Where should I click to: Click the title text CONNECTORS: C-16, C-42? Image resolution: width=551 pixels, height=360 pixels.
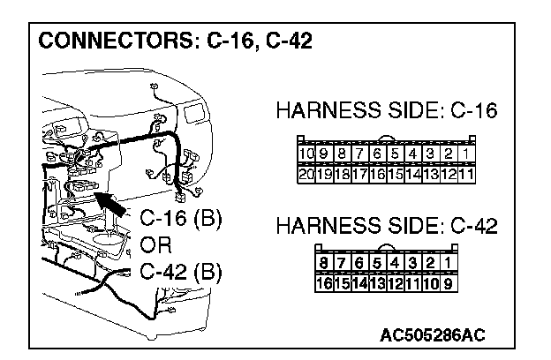(x=176, y=41)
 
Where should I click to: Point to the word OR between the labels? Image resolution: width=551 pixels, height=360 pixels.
(x=156, y=244)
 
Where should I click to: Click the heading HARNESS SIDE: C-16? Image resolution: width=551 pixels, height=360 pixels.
(x=387, y=111)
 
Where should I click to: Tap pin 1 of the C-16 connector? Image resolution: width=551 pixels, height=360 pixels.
(x=466, y=155)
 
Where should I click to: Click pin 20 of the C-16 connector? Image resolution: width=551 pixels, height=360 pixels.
(x=306, y=173)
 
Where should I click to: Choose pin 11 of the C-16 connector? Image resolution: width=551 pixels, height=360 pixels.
(x=466, y=173)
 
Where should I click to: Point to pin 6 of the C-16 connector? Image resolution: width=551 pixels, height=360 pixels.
(x=378, y=155)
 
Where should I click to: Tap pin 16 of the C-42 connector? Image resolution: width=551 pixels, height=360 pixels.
(x=324, y=283)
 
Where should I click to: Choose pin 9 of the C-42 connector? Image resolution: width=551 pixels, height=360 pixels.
(x=449, y=283)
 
